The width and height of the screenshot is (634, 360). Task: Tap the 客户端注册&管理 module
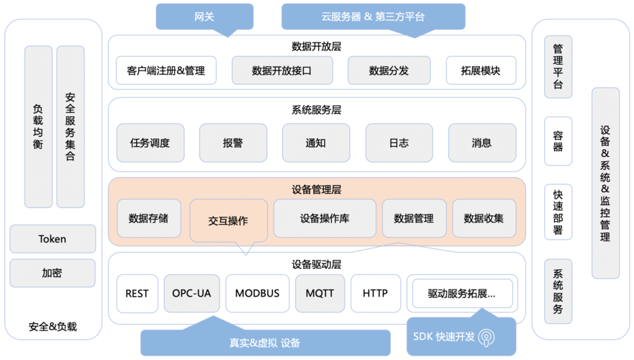[166, 71]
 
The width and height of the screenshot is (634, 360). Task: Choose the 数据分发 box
[389, 71]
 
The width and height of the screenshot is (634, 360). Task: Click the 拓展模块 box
[481, 71]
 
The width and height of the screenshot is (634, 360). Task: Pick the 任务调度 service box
[150, 143]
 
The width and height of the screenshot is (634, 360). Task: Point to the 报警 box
[233, 143]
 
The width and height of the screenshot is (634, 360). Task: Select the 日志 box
[399, 143]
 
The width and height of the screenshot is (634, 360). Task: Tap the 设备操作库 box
[325, 218]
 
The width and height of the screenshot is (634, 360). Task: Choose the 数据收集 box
[484, 218]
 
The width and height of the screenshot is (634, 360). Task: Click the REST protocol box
[137, 293]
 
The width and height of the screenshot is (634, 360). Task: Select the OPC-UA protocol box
[191, 293]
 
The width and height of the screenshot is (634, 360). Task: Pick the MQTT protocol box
[320, 293]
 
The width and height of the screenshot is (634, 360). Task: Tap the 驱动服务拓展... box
[461, 293]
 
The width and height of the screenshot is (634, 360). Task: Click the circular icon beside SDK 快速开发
[486, 337]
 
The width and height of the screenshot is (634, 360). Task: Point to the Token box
[53, 239]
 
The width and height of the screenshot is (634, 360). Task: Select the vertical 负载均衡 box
[38, 127]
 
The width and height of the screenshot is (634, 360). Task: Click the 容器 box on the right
[558, 141]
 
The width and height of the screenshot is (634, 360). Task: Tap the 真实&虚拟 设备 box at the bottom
[265, 343]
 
